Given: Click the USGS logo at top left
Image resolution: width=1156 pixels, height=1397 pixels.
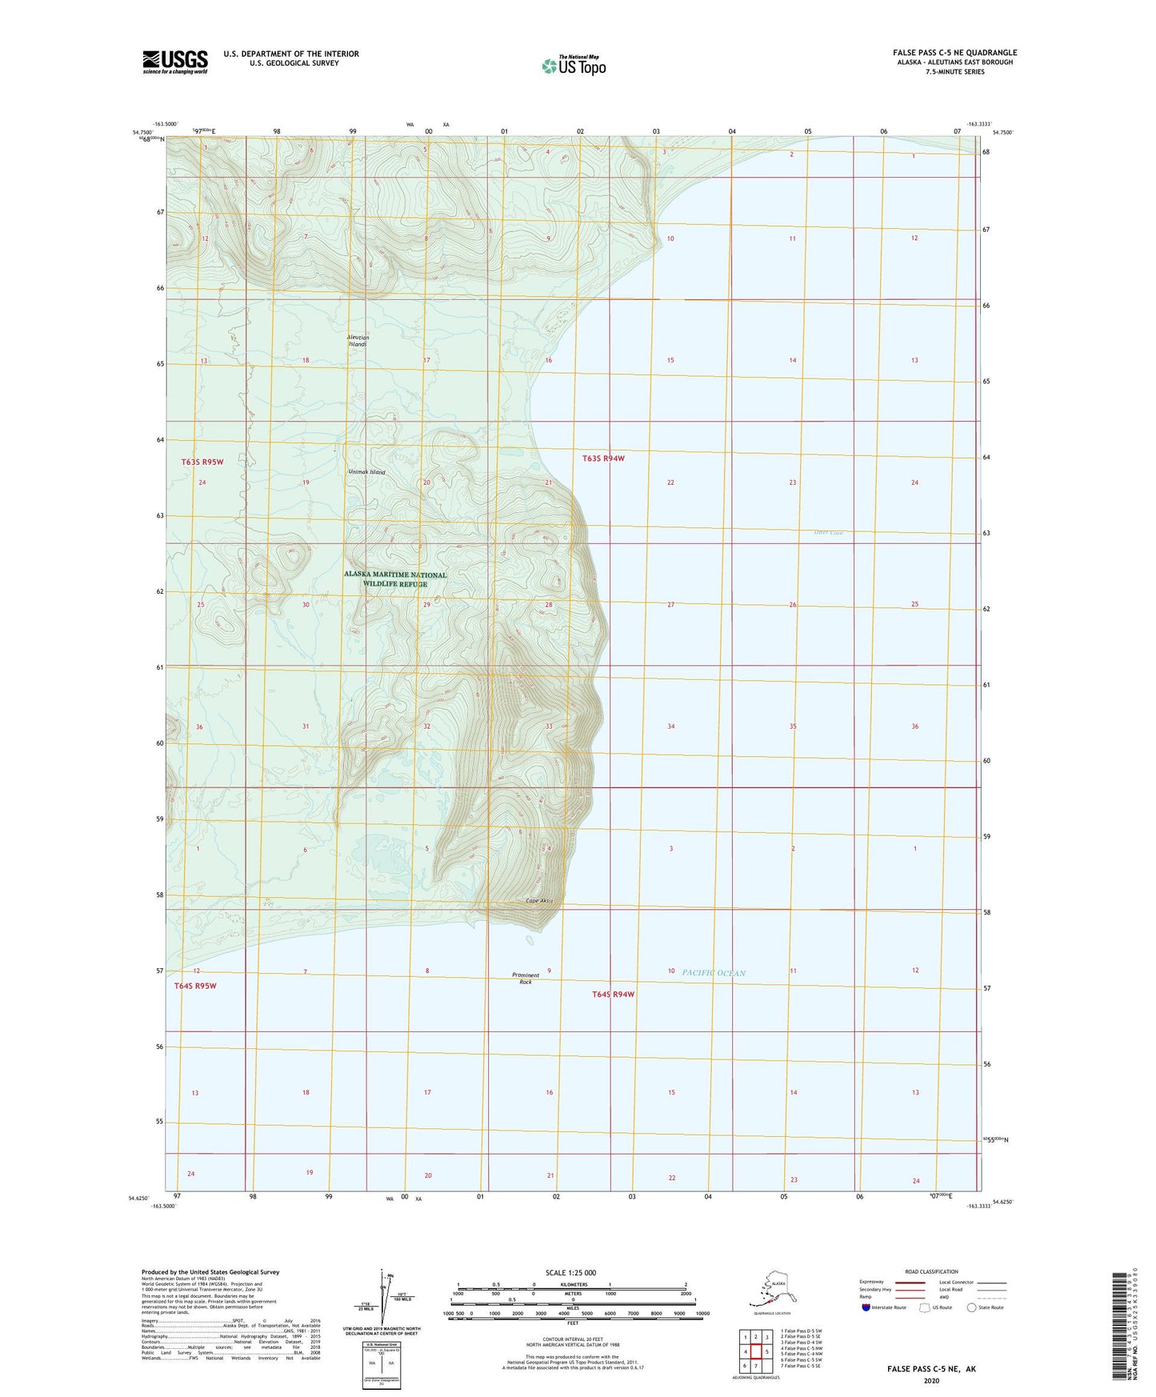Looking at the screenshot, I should pos(174,62).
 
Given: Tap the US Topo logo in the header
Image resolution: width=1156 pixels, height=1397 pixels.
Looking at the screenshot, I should pos(573,66).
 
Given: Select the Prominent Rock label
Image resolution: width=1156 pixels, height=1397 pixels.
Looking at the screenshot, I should pos(526,978).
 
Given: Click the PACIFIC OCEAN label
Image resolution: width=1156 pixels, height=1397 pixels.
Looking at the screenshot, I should pos(714,973).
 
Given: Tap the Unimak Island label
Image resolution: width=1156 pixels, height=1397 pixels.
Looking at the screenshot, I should pos(367,472).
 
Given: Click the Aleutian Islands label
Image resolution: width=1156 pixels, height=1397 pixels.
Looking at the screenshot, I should pos(358,341).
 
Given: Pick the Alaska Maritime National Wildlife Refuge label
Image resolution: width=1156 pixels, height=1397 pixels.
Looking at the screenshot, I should pos(395,579).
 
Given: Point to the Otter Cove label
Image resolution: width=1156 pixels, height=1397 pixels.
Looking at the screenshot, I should pos(828,533).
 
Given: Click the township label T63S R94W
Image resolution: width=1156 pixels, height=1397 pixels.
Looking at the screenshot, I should pos(603,458).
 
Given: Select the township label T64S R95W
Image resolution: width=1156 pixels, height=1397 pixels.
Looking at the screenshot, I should pos(195,986).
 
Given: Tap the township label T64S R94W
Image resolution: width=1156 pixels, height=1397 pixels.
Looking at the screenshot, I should pos(614,994).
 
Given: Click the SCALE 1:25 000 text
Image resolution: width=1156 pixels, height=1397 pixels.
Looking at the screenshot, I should pos(570,1272).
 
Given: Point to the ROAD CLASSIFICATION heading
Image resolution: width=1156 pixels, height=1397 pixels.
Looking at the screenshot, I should pos(931,1271).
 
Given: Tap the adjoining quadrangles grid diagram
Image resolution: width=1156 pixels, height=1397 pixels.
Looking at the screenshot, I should pos(756,1352).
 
